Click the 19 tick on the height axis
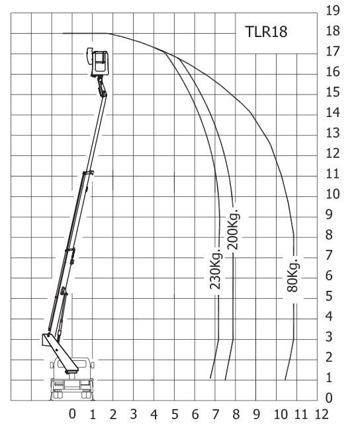click(334, 10)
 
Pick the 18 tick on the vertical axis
click(334, 30)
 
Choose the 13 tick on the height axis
click(334, 133)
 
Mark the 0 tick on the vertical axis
click(334, 398)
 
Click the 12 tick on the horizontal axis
click(322, 414)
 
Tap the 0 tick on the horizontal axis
click(72, 414)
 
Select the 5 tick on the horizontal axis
click(175, 414)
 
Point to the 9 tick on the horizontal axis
click(257, 414)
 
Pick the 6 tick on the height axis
click(334, 276)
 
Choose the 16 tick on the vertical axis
click(334, 71)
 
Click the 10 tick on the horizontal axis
click(280, 414)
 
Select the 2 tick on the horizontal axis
click(113, 414)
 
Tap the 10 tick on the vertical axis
click(334, 194)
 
